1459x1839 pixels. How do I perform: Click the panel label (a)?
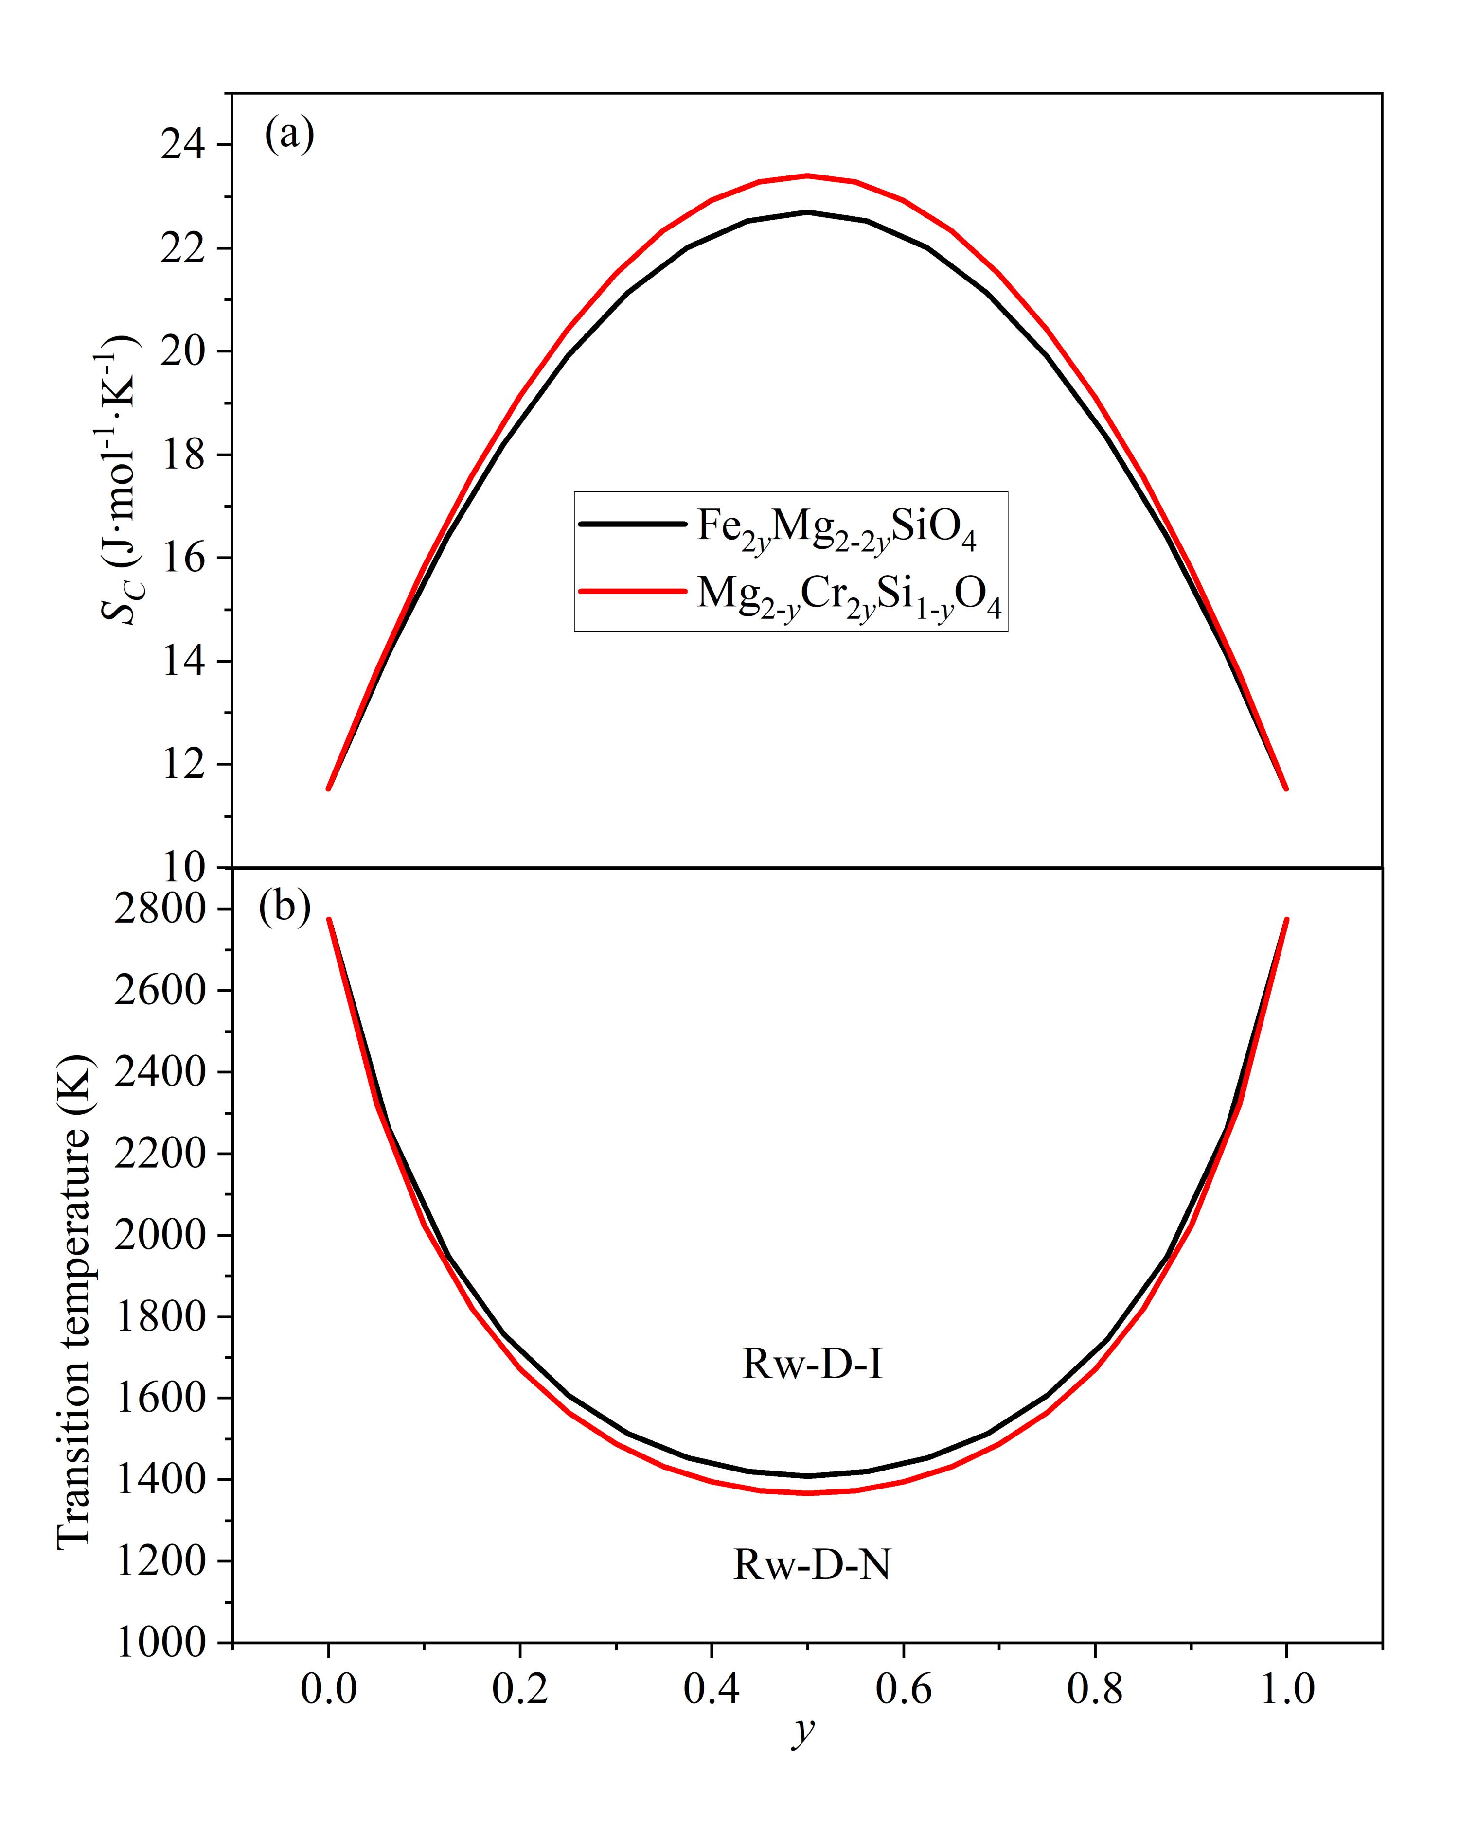(x=289, y=135)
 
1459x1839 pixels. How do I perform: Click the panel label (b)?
(x=285, y=908)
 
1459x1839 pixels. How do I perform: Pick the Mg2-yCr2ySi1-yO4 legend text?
(x=849, y=595)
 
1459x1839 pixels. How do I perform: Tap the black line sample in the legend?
(x=632, y=524)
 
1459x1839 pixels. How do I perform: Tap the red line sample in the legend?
(x=632, y=590)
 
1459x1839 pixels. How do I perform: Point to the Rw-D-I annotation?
(x=812, y=1364)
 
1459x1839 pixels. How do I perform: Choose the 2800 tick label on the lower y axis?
(x=160, y=909)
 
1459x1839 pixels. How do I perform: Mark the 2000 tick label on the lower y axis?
(x=160, y=1235)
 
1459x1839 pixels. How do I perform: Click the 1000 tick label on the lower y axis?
(x=160, y=1643)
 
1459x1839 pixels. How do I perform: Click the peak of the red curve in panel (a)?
(x=807, y=175)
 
